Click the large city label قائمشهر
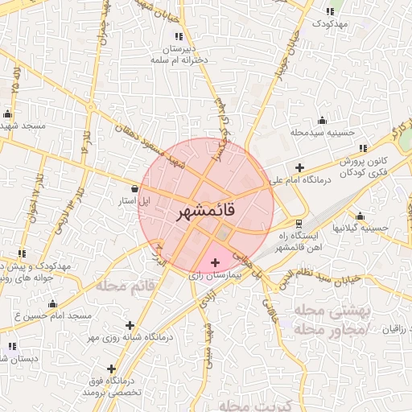(205, 212)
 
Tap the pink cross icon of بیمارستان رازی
(215, 262)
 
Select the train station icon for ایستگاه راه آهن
(300, 223)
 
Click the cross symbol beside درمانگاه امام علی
(300, 168)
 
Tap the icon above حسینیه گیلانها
(360, 216)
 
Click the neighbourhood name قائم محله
(125, 285)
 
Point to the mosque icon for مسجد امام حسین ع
(52, 303)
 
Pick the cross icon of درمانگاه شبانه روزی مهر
(130, 325)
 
